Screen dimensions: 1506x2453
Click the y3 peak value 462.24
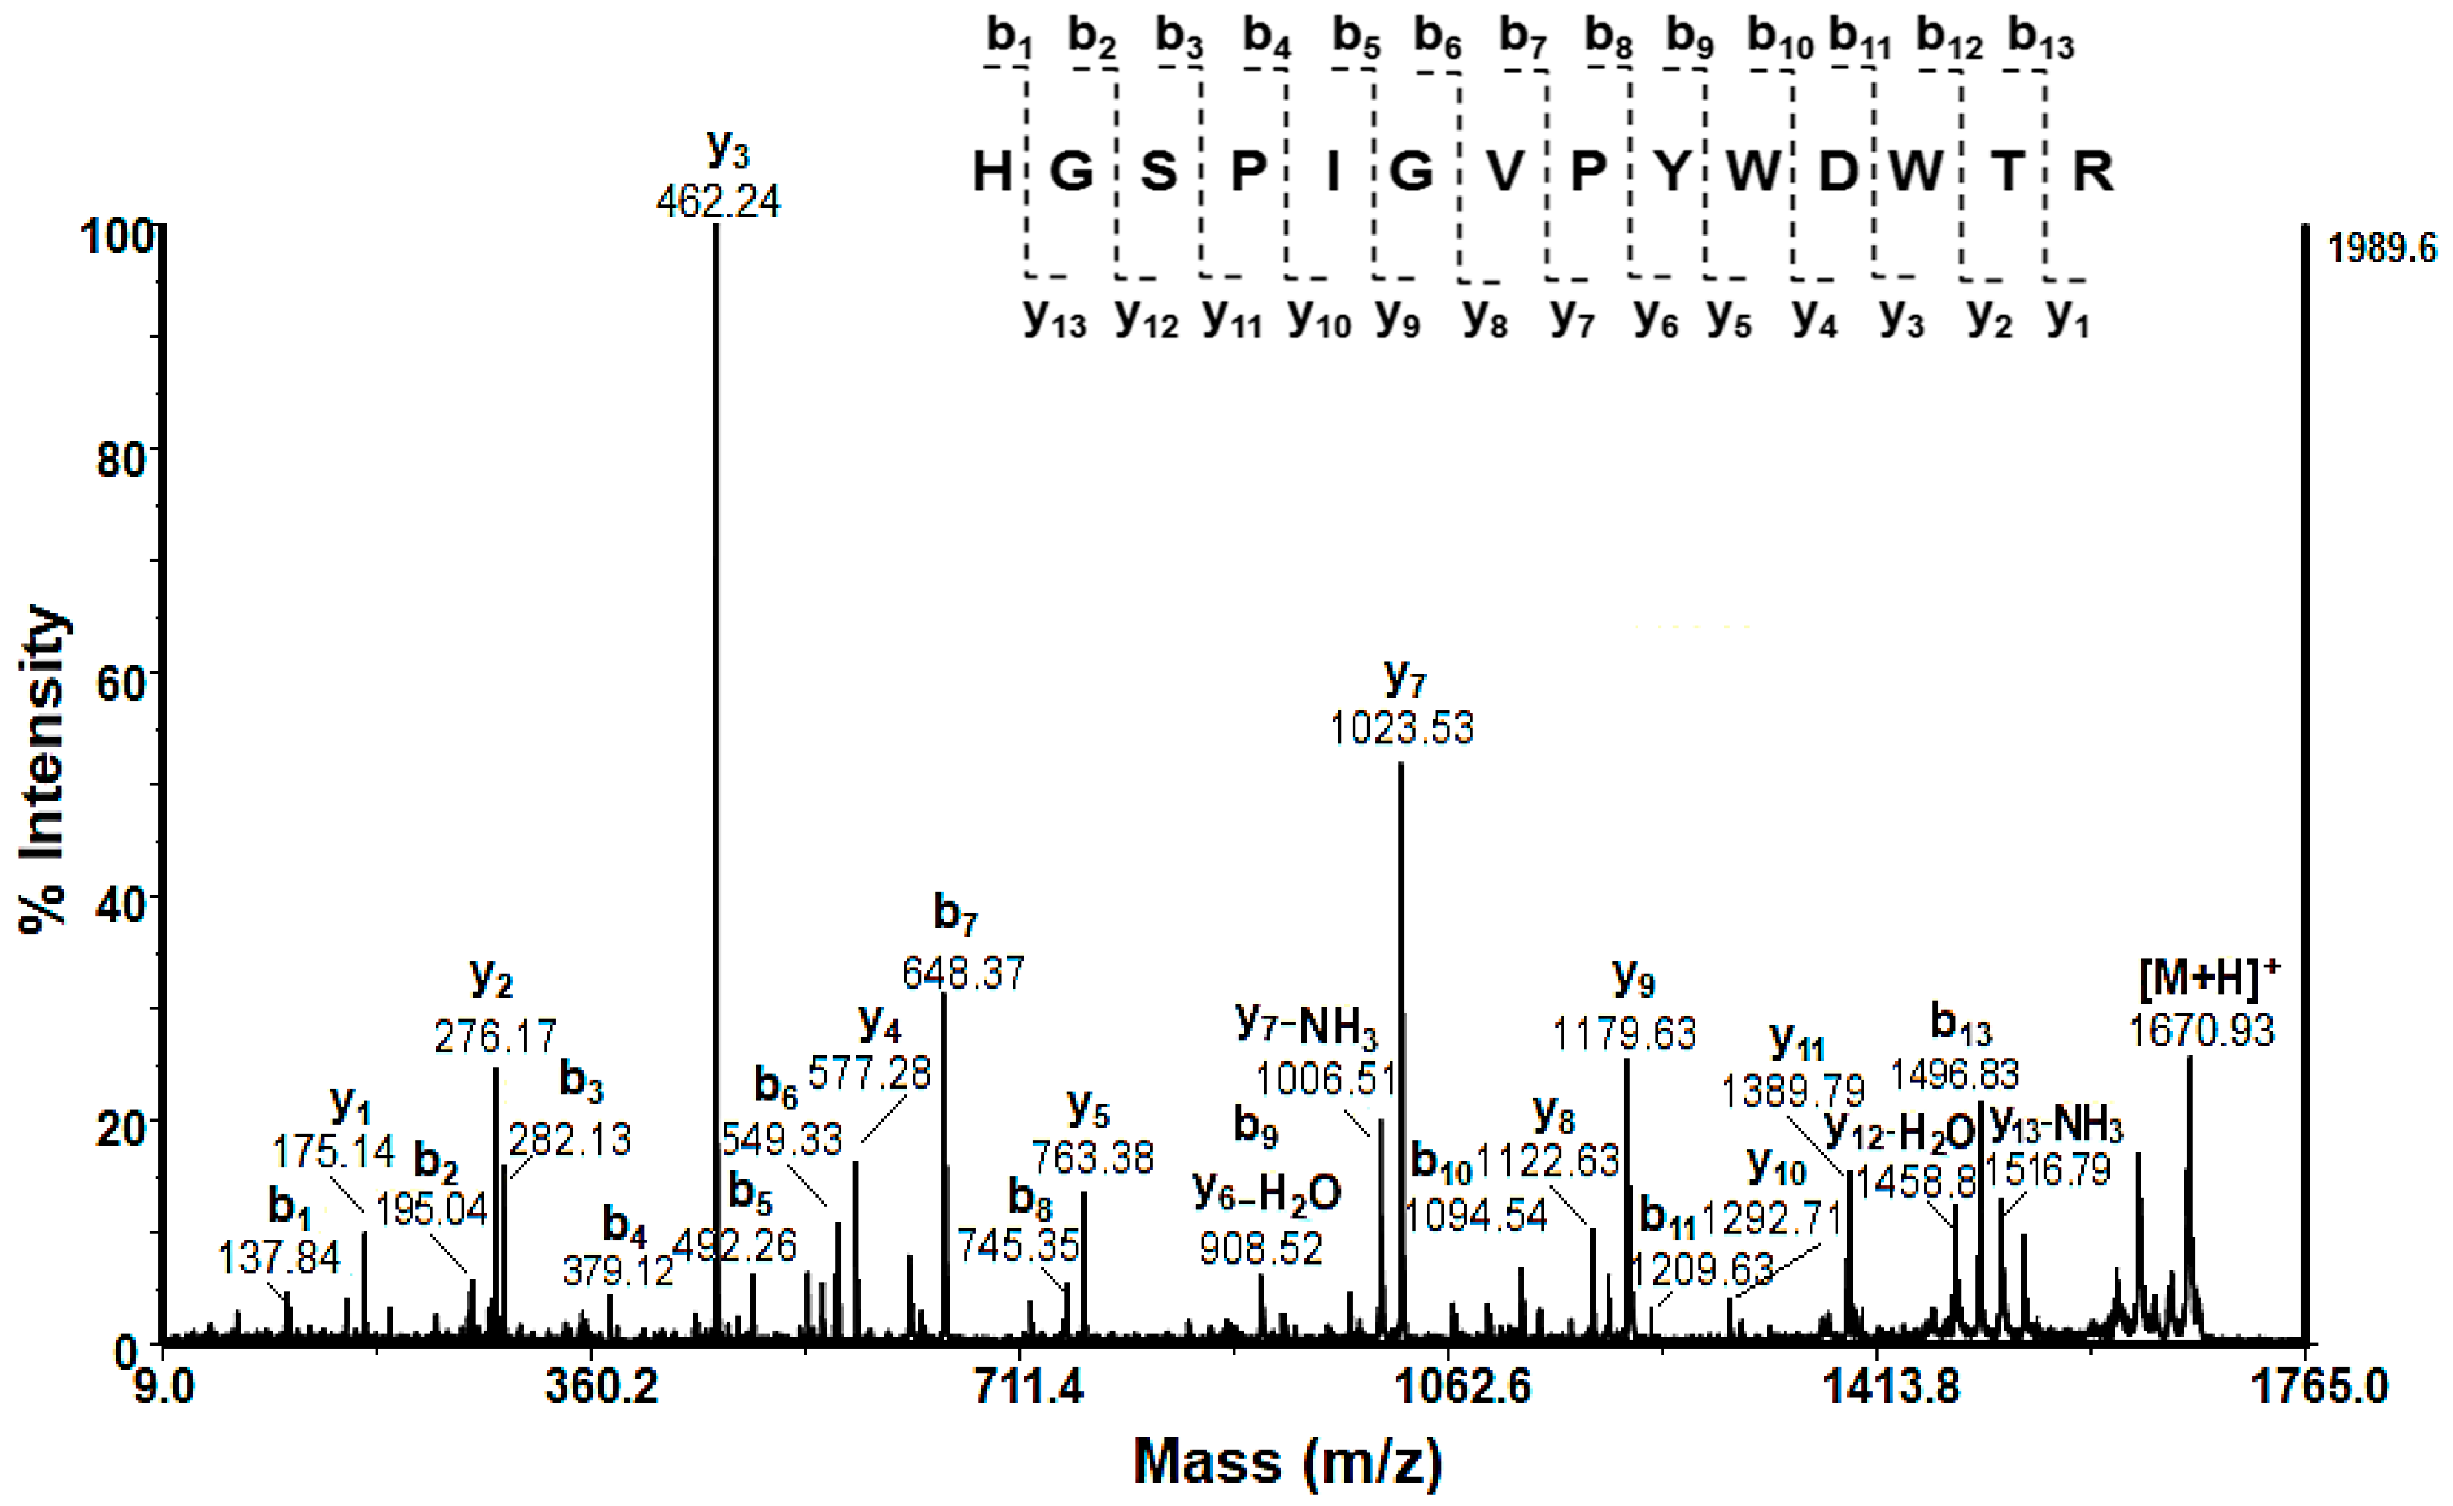point(718,202)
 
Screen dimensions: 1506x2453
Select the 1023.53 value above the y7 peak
point(1401,728)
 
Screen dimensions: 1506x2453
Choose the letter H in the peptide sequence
point(992,171)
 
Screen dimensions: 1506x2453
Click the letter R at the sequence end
point(2093,171)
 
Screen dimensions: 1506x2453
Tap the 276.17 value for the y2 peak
point(495,1037)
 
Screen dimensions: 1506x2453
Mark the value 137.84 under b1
point(279,1258)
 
